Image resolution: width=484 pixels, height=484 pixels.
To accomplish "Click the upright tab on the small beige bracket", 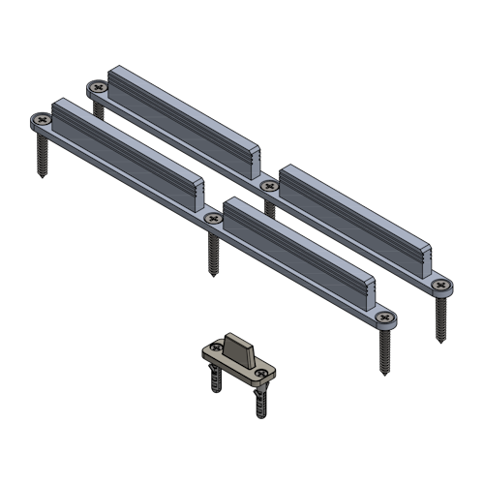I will click(240, 347).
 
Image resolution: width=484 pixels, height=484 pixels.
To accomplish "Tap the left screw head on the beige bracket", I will click(214, 351).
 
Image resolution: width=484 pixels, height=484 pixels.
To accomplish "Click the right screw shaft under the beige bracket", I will click(261, 399).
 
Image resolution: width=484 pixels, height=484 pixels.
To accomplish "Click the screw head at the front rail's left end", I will click(41, 121).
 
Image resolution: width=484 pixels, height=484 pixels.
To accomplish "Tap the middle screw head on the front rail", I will click(213, 220).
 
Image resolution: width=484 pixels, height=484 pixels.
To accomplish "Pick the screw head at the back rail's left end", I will click(98, 88).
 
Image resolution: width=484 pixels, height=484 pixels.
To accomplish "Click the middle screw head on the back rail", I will click(269, 185).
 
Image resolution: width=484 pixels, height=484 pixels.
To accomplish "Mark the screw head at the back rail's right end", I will click(441, 285).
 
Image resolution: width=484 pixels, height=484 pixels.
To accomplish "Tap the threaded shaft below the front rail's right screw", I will click(385, 351).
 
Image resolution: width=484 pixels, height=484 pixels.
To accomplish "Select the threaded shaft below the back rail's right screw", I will click(441, 318).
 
